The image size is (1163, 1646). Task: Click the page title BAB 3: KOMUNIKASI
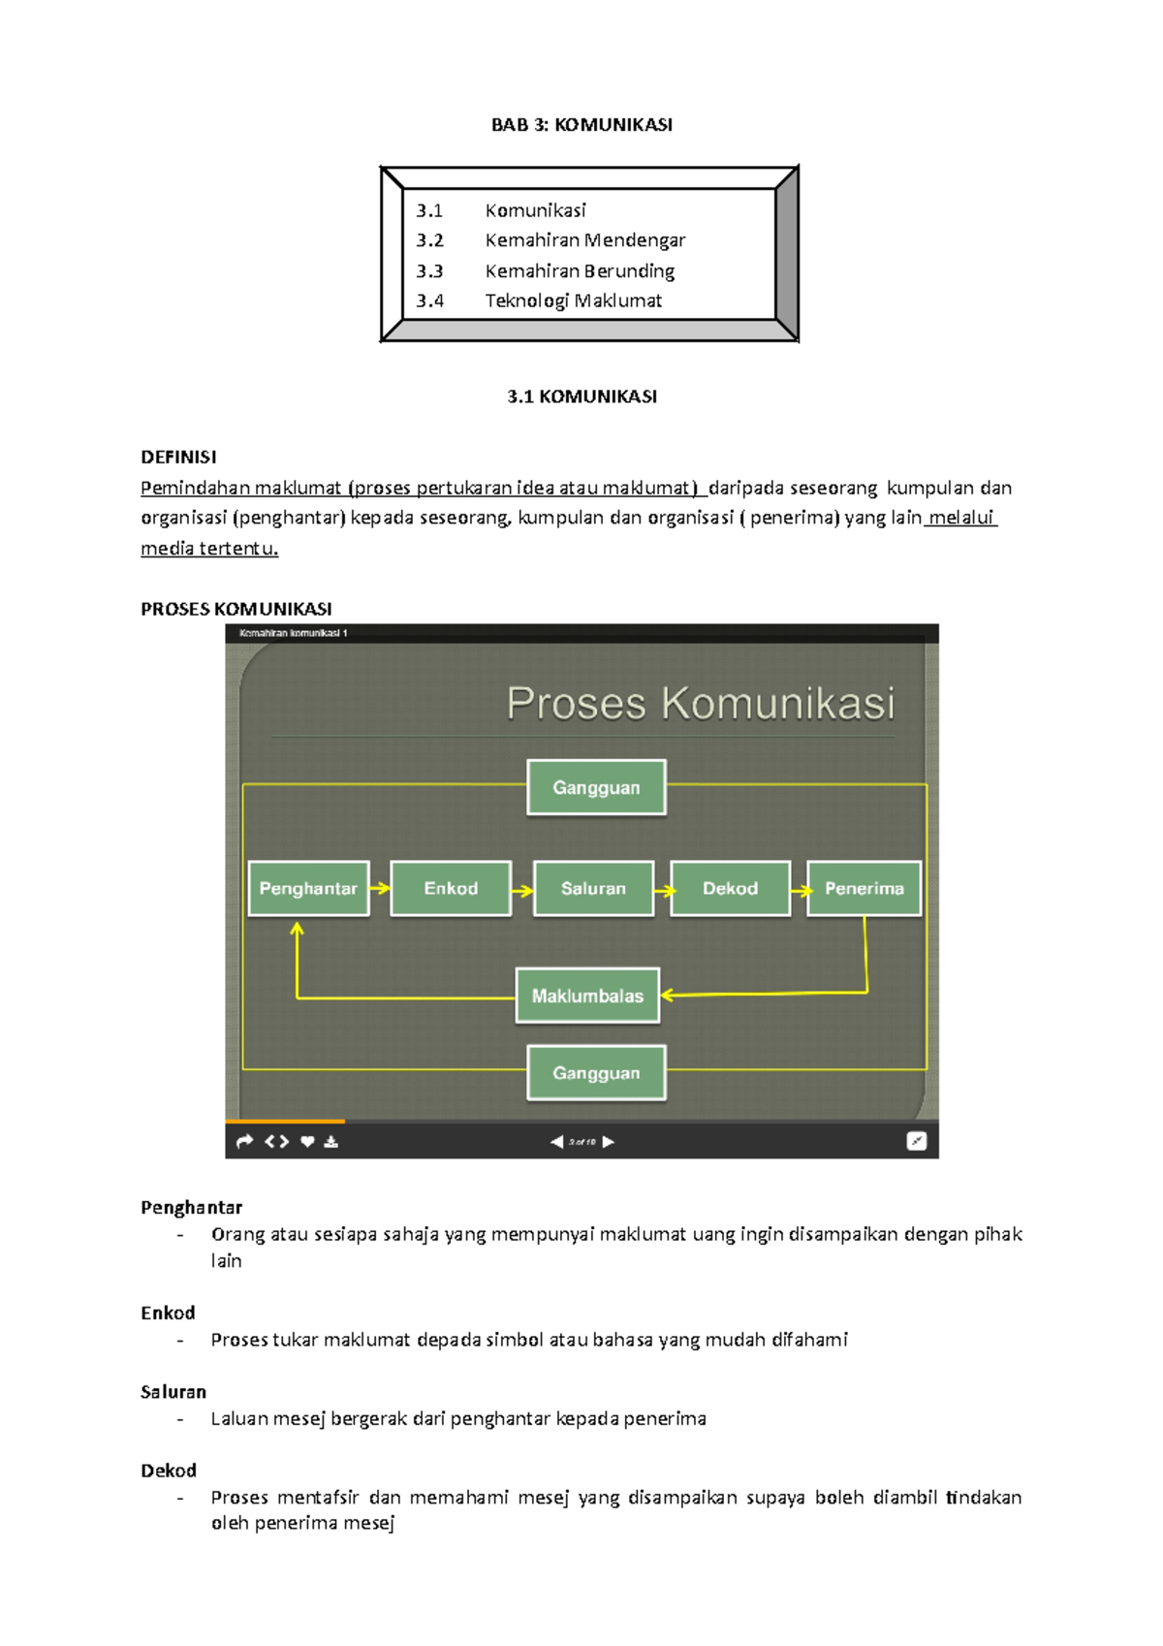click(x=581, y=125)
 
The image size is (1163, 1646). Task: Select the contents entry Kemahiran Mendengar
click(x=584, y=240)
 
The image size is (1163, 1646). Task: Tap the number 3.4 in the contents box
click(x=429, y=301)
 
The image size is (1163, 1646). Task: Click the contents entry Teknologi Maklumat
click(x=573, y=301)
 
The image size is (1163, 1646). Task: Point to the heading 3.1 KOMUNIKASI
click(x=581, y=396)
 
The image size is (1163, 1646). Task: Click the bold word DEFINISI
click(x=178, y=458)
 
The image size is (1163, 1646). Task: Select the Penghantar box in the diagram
click(x=308, y=889)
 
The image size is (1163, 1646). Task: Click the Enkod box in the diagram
click(x=451, y=889)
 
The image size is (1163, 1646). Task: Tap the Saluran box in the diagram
click(x=593, y=889)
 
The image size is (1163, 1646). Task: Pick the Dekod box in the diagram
click(x=730, y=889)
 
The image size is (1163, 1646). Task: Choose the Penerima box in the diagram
click(x=864, y=889)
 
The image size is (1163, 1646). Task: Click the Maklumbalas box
click(x=587, y=996)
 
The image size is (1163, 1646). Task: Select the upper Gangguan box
click(x=596, y=788)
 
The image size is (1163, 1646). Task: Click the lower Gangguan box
click(x=596, y=1073)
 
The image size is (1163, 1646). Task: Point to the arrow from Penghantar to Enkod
click(x=380, y=888)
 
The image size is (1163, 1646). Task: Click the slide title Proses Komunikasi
click(x=700, y=704)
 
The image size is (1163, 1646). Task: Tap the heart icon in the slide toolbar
click(x=307, y=1142)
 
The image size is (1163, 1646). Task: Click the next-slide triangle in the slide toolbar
click(x=609, y=1142)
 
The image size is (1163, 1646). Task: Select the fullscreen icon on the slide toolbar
click(x=916, y=1142)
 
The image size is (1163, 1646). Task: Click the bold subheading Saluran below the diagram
click(x=173, y=1392)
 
